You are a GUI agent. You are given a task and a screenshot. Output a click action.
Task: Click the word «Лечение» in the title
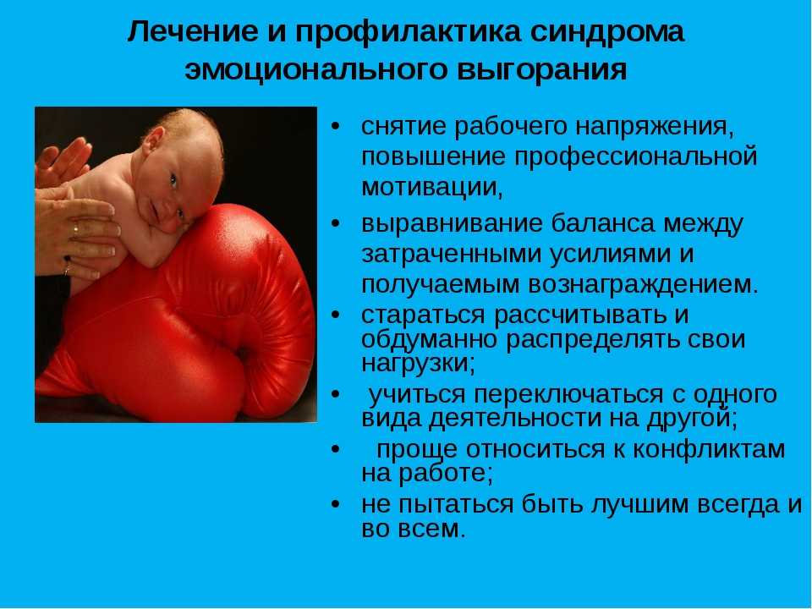[x=192, y=32]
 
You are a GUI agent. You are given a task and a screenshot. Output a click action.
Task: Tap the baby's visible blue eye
[x=173, y=181]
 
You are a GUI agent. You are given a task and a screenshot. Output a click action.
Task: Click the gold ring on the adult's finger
[x=75, y=228]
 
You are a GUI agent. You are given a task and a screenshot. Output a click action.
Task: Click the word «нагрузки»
[x=418, y=363]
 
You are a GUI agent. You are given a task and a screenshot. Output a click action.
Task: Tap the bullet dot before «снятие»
[x=337, y=127]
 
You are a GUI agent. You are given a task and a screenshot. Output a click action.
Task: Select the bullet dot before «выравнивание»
[x=337, y=224]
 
